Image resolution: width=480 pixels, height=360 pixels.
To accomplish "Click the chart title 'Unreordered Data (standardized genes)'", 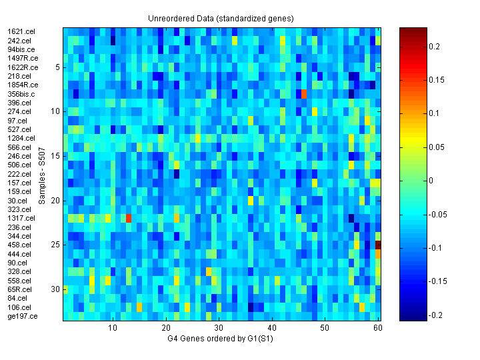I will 221,18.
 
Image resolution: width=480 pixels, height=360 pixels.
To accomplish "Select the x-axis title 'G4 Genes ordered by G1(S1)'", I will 221,340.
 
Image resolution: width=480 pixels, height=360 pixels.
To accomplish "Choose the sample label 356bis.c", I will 21,94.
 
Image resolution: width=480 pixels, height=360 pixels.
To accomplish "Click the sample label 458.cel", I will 19,245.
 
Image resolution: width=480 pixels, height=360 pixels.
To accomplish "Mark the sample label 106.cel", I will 19,307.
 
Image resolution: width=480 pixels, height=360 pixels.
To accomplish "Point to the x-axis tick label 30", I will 219,329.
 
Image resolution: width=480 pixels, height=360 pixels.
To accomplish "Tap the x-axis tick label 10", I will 113,329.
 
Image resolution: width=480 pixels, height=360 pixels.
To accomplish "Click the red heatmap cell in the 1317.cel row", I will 129,218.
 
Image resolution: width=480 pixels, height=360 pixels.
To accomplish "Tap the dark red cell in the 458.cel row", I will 378,245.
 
